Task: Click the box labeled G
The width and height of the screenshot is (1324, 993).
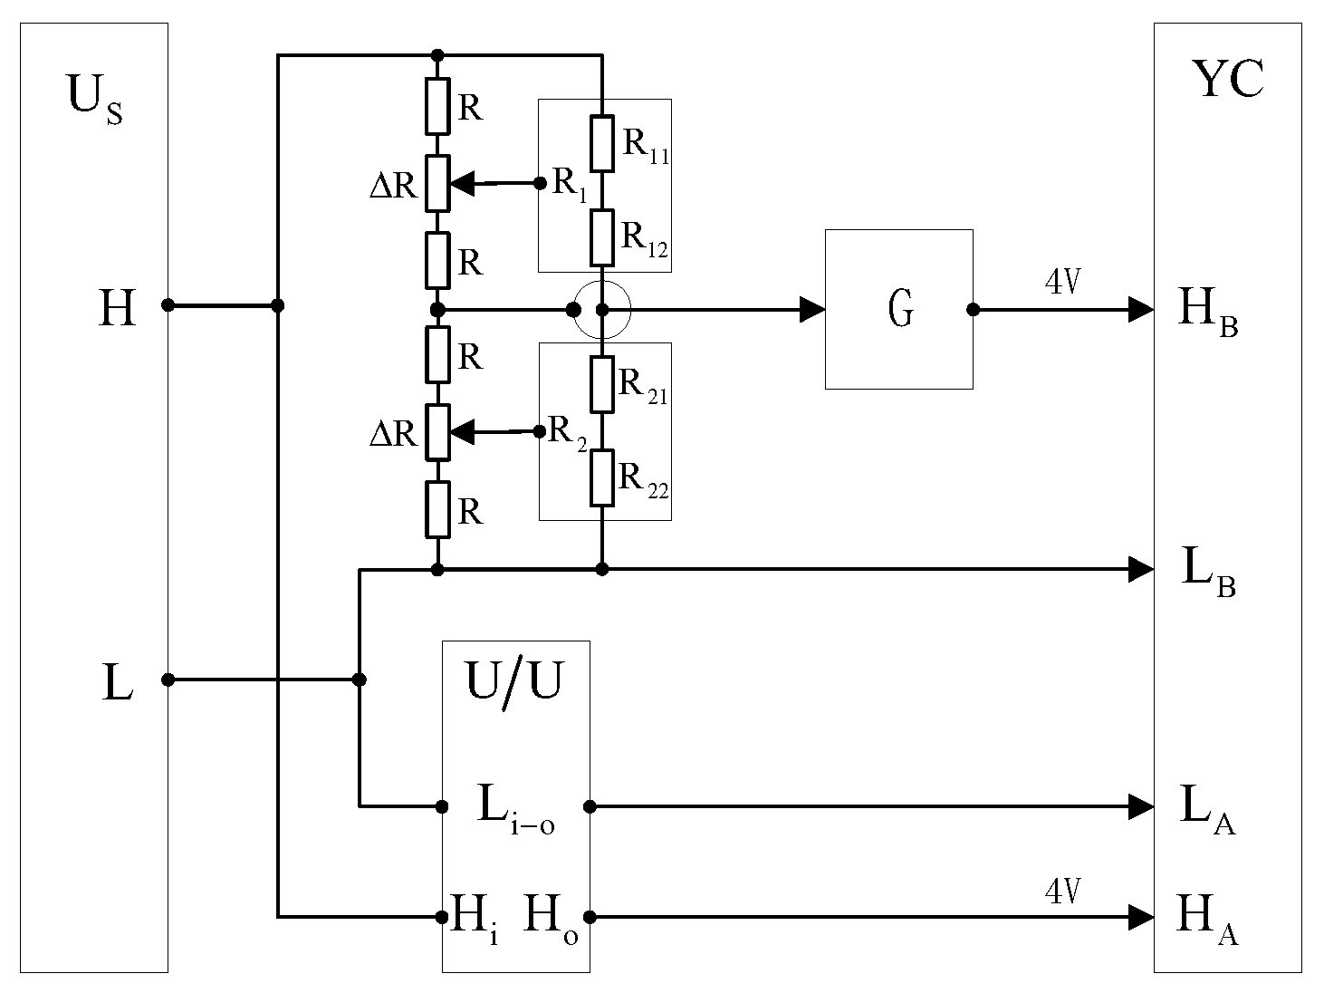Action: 898,309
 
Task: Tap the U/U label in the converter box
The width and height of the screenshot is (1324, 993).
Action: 513,681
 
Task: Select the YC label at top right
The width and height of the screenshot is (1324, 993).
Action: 1228,80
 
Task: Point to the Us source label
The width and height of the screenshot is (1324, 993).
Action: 94,98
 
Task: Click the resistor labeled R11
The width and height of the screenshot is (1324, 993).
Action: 602,143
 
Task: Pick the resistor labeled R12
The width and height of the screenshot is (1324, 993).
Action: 602,236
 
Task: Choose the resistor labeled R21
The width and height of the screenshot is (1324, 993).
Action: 602,384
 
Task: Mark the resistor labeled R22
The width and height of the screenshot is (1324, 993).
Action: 602,477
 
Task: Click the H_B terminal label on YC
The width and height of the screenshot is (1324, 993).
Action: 1207,312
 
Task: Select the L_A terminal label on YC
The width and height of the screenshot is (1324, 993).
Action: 1207,809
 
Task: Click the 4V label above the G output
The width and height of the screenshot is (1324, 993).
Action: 1062,284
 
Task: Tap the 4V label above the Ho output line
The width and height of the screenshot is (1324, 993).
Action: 1062,892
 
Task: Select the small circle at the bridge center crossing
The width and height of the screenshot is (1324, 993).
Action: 602,310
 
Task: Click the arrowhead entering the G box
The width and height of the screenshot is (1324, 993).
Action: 811,310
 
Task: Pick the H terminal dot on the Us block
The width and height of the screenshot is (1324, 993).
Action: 168,305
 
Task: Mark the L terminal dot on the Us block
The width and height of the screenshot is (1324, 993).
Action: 168,680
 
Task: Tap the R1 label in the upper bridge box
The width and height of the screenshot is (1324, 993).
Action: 570,184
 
